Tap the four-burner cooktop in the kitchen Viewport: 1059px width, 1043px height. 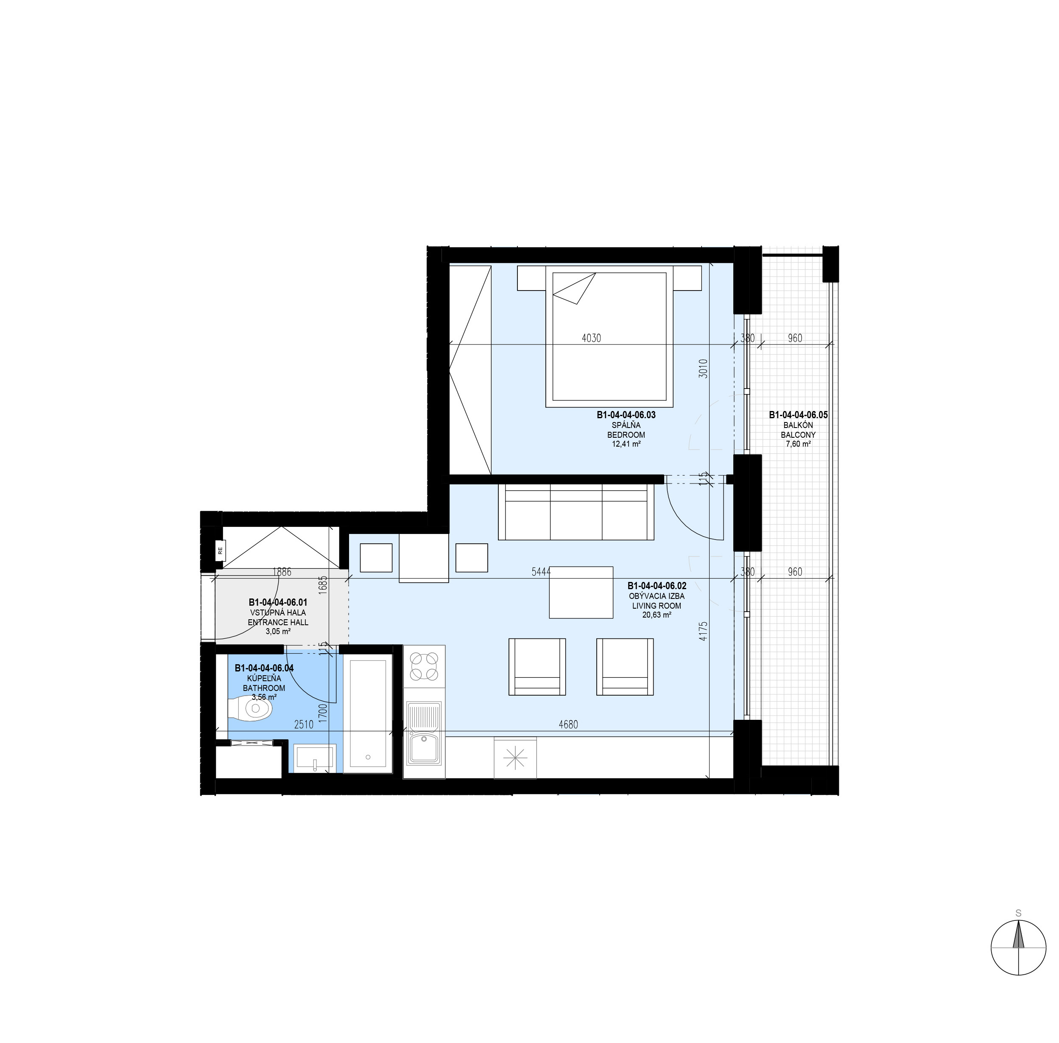(424, 666)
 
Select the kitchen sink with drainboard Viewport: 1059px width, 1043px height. (424, 733)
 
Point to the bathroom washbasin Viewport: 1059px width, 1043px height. (314, 758)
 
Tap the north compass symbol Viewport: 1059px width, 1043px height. (1018, 947)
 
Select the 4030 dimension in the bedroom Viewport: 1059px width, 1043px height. (591, 338)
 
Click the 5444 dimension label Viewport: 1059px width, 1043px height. (541, 571)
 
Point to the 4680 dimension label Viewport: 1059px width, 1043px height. (568, 724)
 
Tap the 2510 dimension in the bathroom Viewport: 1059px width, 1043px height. (304, 724)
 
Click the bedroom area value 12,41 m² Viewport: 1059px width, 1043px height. (626, 444)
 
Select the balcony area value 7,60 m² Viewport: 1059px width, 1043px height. (798, 444)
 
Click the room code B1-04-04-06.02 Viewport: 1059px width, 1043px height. (657, 586)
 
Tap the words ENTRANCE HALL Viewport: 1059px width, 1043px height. (278, 622)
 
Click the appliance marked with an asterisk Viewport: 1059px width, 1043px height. (515, 758)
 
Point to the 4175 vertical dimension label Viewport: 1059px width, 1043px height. (704, 631)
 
